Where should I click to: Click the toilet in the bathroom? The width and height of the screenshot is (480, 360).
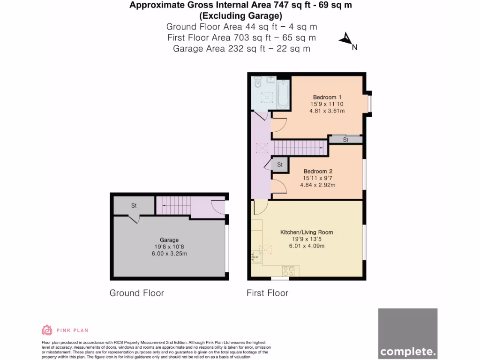coord(257,83)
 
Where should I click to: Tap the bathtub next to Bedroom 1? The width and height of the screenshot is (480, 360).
coord(283,94)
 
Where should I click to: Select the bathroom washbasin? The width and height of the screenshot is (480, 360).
coord(271,80)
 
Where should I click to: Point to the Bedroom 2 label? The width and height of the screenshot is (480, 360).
coord(317,171)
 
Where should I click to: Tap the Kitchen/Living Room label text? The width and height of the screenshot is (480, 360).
coord(307,232)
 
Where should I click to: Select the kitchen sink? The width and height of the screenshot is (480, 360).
coord(256,256)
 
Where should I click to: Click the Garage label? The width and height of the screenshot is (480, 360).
coord(169,240)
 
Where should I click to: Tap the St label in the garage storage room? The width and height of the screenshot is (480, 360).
coord(134,205)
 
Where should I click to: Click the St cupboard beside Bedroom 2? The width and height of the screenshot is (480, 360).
coord(280,165)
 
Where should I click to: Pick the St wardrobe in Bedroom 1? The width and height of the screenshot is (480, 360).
coord(345,139)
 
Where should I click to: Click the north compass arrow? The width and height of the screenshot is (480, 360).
coord(347,40)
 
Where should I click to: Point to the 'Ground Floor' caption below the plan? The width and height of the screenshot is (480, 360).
coord(137,293)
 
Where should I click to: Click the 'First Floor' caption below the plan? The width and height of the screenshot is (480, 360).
coord(267,293)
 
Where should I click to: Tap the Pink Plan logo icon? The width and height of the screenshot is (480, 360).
coord(47,330)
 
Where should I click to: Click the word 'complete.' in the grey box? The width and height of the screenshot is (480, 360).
coord(407,351)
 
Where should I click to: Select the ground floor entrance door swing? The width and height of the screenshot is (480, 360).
coord(218,207)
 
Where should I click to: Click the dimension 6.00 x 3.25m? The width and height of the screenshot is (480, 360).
coord(169,254)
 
